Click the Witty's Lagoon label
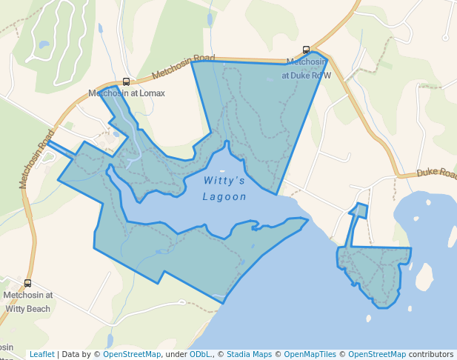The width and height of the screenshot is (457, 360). click(x=224, y=188)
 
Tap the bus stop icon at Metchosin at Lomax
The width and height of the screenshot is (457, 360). click(x=126, y=82)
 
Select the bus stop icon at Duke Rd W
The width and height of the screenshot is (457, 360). click(x=307, y=50)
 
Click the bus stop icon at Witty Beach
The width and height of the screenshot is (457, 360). click(x=28, y=283)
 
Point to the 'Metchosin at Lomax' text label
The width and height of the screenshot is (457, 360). click(x=126, y=93)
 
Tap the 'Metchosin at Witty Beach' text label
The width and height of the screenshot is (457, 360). click(x=28, y=300)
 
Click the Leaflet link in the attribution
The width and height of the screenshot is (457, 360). click(x=41, y=354)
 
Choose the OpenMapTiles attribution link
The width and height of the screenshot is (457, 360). click(x=307, y=354)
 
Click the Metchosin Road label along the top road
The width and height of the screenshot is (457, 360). click(x=183, y=67)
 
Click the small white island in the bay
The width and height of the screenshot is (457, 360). click(x=424, y=277)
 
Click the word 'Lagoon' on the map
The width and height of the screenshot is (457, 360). click(x=224, y=197)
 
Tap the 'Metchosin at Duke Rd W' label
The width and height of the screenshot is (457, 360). click(x=307, y=68)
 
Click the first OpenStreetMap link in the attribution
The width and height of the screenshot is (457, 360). click(x=132, y=354)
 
